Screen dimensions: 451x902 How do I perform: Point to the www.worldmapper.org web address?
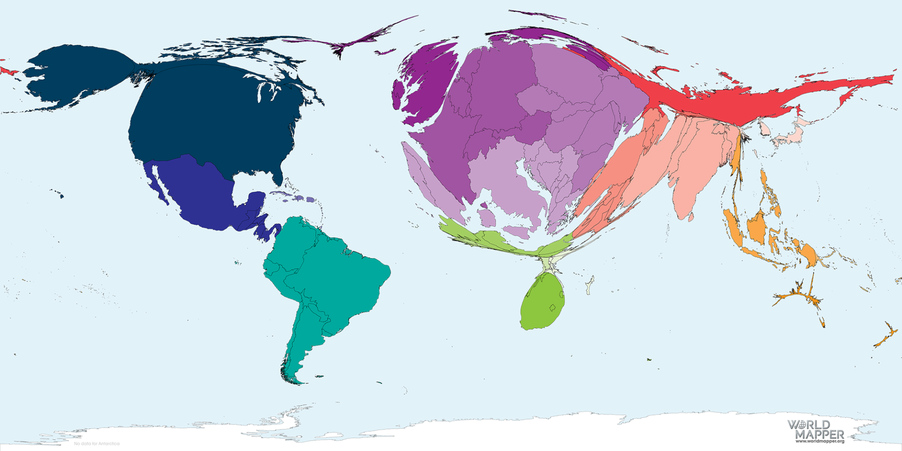coord(820,441)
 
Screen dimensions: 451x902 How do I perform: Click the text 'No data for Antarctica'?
coord(97,443)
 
